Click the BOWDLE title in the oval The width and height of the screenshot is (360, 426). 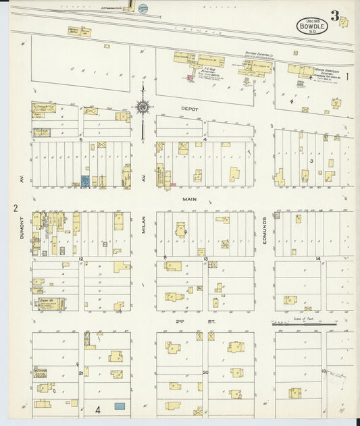(x=311, y=28)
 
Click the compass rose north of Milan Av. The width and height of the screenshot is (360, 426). (x=143, y=106)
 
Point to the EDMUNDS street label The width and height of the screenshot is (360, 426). (x=267, y=230)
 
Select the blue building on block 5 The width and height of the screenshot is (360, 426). (x=86, y=181)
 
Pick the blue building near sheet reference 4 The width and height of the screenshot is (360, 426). (x=120, y=406)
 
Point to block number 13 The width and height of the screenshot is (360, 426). (x=204, y=259)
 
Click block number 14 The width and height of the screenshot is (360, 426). (x=317, y=259)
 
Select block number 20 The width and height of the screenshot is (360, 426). (x=204, y=371)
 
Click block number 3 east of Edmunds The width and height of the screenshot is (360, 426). (x=311, y=161)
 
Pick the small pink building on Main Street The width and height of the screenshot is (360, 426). (x=173, y=184)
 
